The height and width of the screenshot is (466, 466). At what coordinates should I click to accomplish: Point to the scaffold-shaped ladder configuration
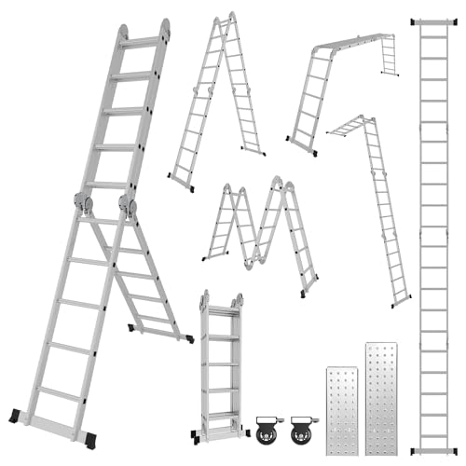pyautogui.click(x=340, y=84)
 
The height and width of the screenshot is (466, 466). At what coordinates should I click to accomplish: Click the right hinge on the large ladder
pyautogui.click(x=127, y=202)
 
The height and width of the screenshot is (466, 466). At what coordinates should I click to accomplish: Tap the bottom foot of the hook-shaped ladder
pyautogui.click(x=400, y=301)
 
